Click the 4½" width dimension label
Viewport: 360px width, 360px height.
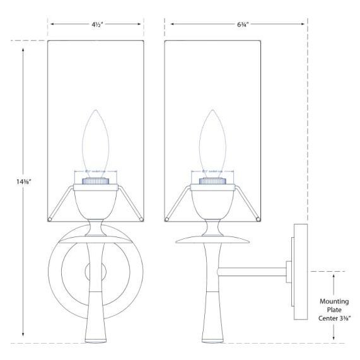tap(96, 25)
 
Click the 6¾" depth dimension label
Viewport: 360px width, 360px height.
tap(236, 25)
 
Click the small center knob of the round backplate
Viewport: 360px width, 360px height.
tap(90, 273)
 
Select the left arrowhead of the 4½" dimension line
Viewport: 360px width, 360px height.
tap(52, 25)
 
